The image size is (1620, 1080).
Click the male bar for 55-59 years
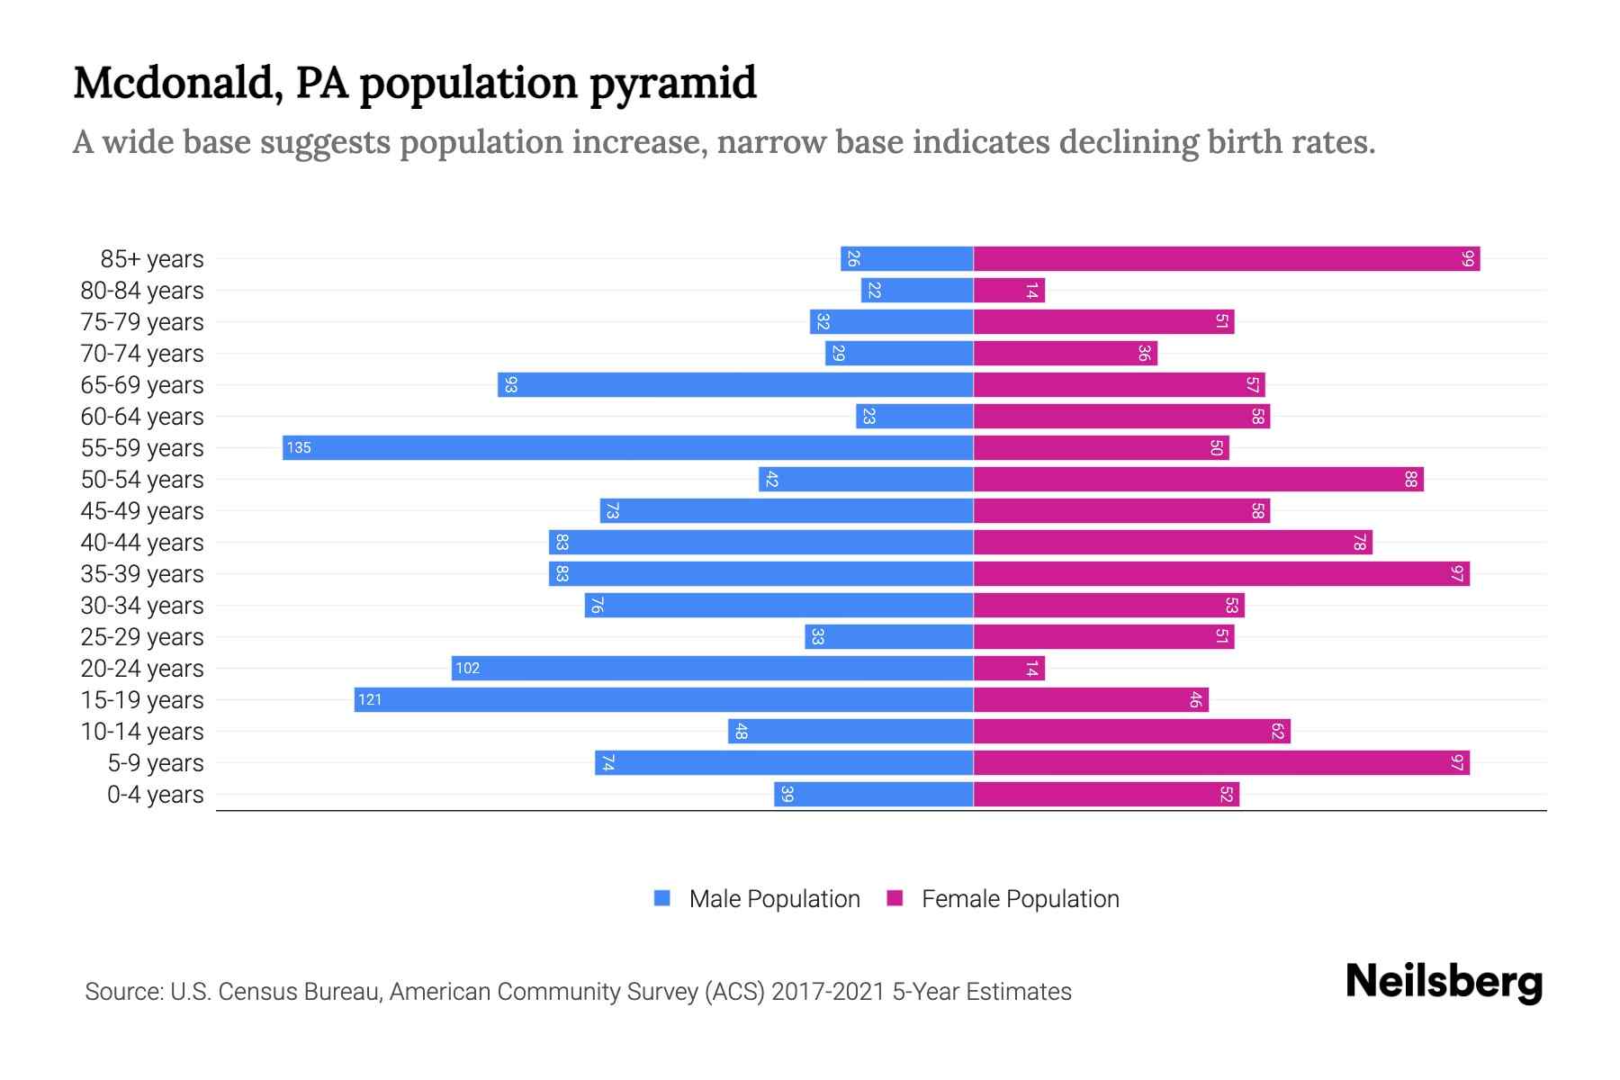[628, 447]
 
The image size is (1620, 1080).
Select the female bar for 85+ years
[1226, 258]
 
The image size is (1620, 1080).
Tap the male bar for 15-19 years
[664, 699]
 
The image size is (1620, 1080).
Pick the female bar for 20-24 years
[1009, 669]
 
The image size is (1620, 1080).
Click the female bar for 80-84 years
[1009, 290]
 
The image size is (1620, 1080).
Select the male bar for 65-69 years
[735, 384]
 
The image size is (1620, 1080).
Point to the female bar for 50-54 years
[1198, 479]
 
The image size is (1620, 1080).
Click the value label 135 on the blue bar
[299, 447]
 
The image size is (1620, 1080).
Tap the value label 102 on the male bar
[467, 669]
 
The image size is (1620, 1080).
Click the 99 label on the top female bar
[1468, 258]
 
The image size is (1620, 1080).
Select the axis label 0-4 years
[155, 795]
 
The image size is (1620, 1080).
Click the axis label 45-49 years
[142, 511]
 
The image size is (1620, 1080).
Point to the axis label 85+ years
[152, 259]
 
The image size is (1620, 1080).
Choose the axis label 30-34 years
[142, 606]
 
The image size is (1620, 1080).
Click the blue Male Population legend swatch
[662, 898]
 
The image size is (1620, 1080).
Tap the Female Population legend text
[1020, 899]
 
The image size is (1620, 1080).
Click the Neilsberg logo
[1444, 982]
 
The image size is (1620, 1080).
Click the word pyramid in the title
[673, 83]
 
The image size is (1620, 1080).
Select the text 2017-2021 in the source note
[827, 992]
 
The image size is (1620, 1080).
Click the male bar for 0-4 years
[873, 795]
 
